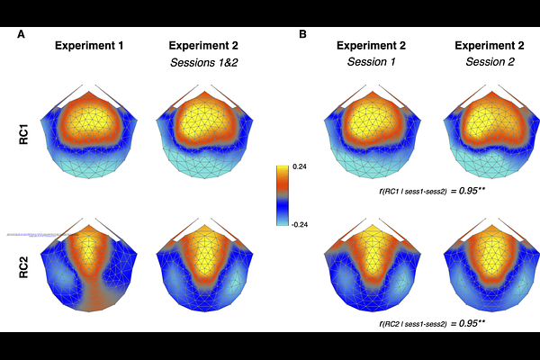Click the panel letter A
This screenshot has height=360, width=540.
(x=21, y=34)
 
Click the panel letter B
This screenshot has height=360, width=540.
(x=303, y=34)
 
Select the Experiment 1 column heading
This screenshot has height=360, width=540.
(x=89, y=45)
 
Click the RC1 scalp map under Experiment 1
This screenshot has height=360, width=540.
(x=89, y=135)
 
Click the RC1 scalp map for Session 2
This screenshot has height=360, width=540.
(x=485, y=135)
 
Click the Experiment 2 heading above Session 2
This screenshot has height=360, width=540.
(x=485, y=45)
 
